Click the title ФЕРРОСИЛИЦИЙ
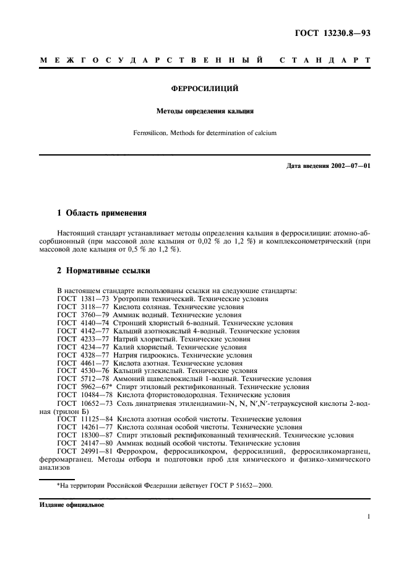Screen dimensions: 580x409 [205, 89]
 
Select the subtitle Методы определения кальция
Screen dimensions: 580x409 [204, 112]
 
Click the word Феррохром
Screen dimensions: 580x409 [125, 452]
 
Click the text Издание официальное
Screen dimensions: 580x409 [72, 506]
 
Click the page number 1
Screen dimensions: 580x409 [368, 516]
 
